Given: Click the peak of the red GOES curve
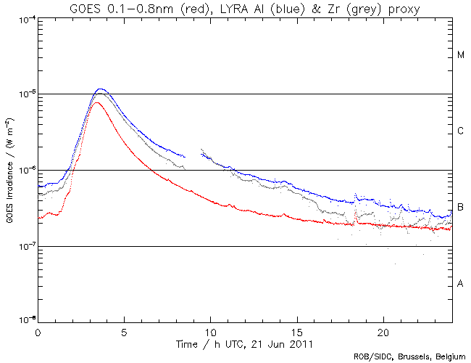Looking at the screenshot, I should coord(97,102).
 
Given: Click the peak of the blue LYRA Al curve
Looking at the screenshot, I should coord(101,89).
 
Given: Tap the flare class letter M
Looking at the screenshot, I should coord(460,55).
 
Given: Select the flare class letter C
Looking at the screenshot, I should coord(460,131).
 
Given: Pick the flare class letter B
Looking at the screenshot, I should coord(460,208).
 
